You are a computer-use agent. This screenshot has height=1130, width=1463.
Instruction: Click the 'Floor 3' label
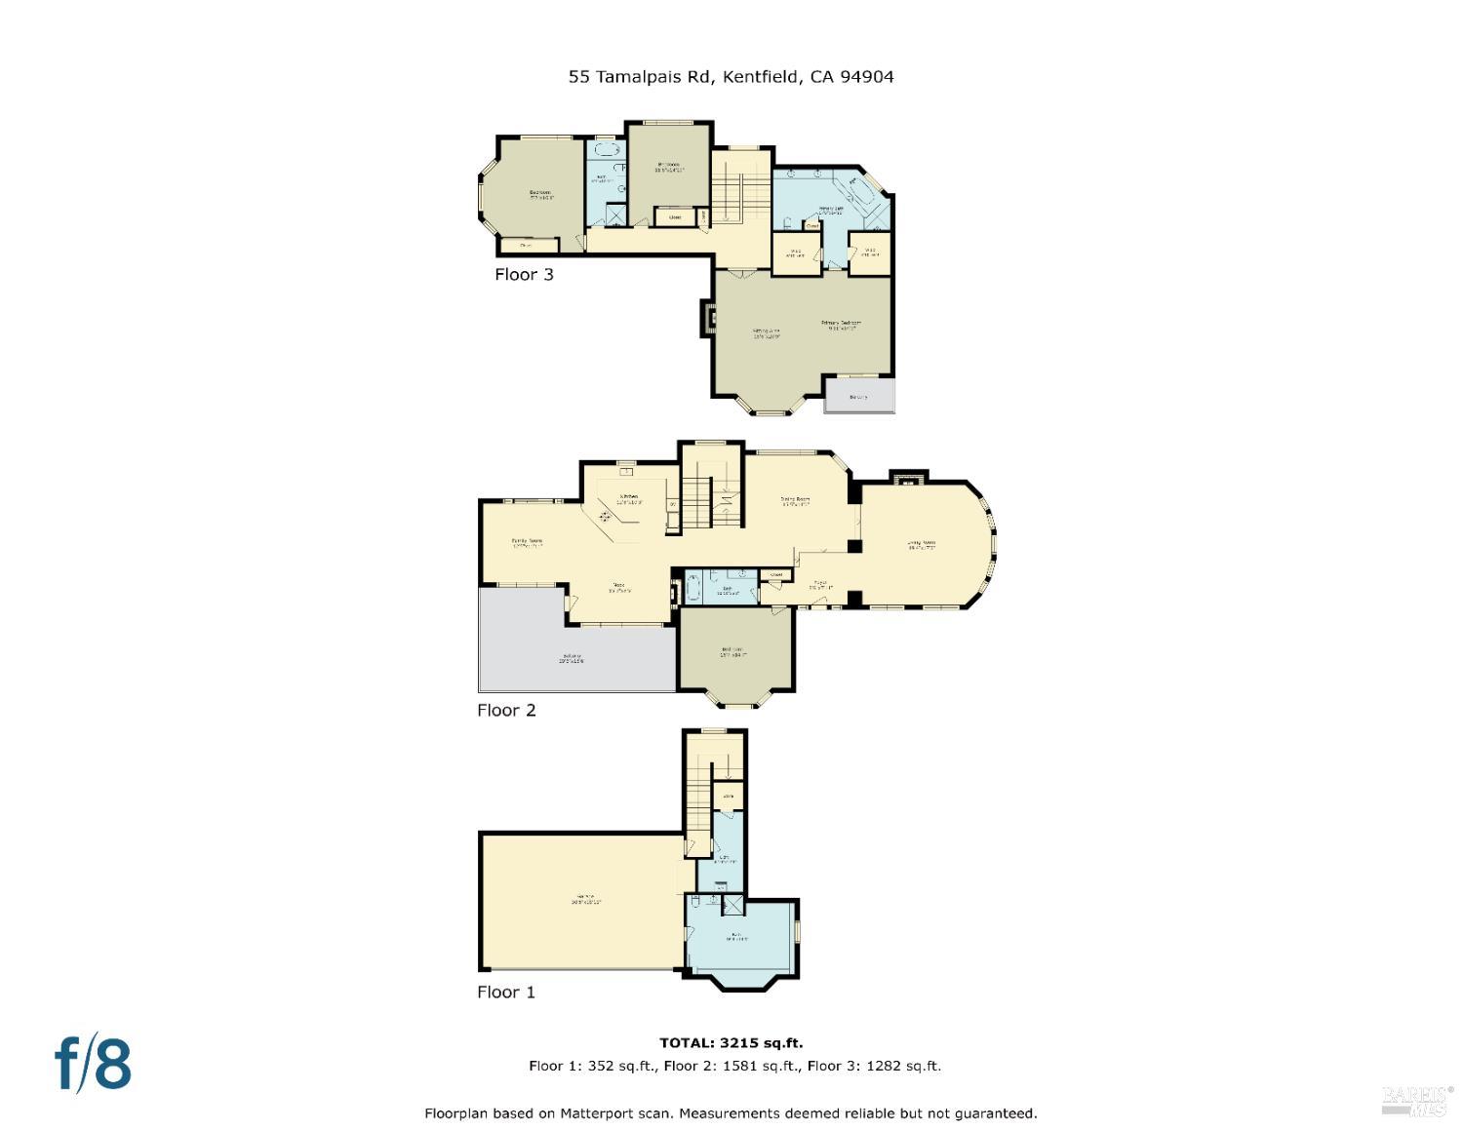[524, 275]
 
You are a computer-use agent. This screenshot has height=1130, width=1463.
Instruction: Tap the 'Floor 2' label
[506, 711]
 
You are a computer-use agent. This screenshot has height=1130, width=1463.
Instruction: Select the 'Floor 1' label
[506, 993]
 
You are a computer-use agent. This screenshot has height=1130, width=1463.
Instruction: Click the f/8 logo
[93, 1064]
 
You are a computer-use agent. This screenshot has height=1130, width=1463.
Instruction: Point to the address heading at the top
[731, 76]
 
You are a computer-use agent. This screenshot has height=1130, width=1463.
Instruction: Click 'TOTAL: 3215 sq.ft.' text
[731, 1043]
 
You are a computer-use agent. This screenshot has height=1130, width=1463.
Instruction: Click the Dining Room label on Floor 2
[795, 501]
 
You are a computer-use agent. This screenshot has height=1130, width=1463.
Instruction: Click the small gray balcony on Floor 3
[858, 396]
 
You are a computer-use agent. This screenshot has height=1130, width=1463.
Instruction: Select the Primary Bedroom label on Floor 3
[841, 325]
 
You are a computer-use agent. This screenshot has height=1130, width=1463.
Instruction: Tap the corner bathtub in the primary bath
[862, 189]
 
